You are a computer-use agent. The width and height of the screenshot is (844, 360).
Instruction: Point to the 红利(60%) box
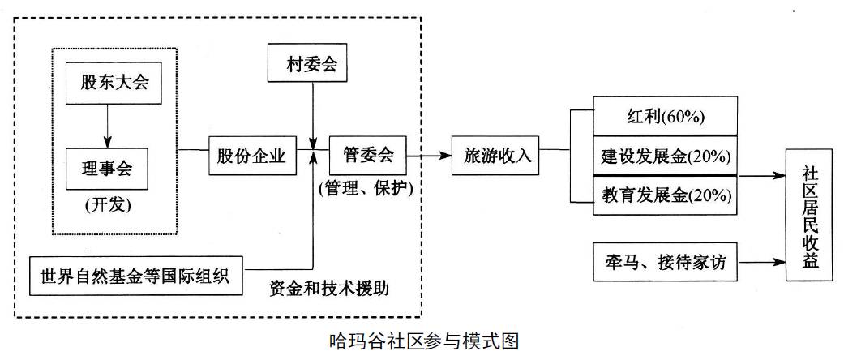click(665, 116)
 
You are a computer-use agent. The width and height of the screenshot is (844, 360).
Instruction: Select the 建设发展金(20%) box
click(665, 155)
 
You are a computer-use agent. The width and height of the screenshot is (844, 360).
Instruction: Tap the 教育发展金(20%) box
click(665, 195)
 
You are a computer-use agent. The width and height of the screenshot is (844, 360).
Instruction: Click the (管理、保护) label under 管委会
click(367, 189)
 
